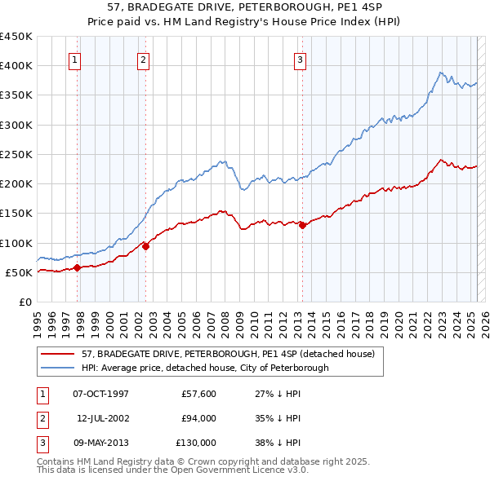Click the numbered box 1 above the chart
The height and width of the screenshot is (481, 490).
pyautogui.click(x=74, y=59)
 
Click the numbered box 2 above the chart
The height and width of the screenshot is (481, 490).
pyautogui.click(x=143, y=59)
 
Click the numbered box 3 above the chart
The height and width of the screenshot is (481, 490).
pyautogui.click(x=300, y=59)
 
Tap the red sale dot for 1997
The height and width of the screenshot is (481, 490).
pyautogui.click(x=77, y=267)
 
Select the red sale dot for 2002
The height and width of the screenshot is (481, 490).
pyautogui.click(x=145, y=246)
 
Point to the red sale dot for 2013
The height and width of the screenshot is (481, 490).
pyautogui.click(x=301, y=225)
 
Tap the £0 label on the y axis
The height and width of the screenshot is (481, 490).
pyautogui.click(x=25, y=302)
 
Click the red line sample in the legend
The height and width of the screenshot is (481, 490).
pyautogui.click(x=58, y=354)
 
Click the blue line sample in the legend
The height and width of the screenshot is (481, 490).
pyautogui.click(x=58, y=368)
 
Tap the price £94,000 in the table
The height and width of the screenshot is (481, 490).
pyautogui.click(x=198, y=418)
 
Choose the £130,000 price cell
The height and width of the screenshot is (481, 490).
pyautogui.click(x=195, y=443)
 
